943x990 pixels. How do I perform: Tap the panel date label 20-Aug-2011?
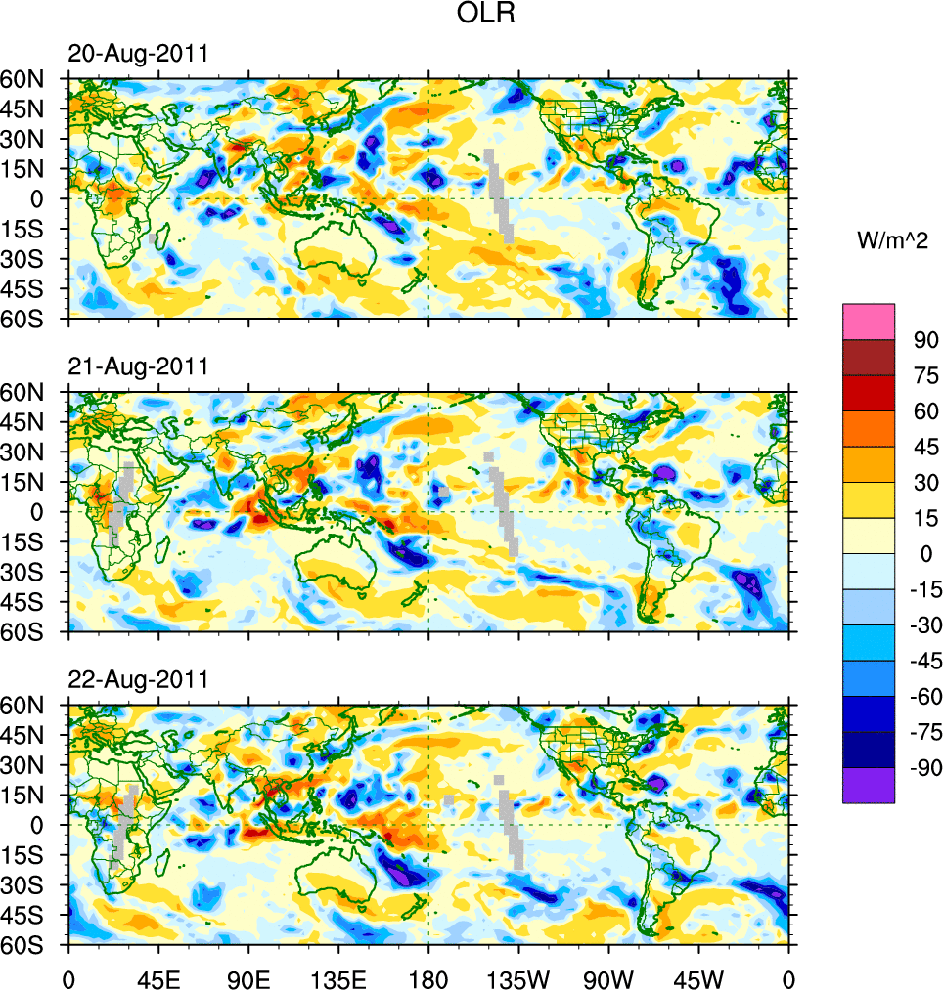[137, 54]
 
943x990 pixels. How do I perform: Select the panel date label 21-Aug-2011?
[137, 366]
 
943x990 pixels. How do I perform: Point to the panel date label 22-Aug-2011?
[137, 679]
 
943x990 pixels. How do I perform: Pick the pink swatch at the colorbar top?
[869, 321]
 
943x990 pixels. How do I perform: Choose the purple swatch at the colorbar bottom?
[869, 785]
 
